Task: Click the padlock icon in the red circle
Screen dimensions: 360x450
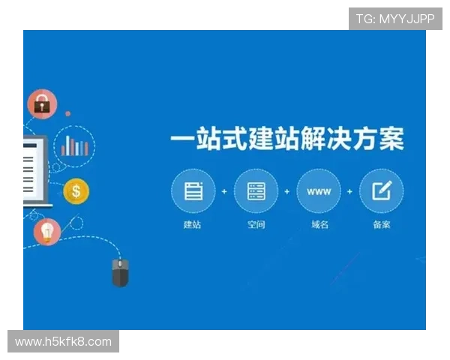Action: (43, 104)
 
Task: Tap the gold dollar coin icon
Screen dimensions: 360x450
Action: (76, 192)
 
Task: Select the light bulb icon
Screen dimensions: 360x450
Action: (48, 232)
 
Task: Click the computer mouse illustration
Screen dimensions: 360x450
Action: (120, 271)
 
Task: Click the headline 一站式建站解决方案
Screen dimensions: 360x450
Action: (286, 139)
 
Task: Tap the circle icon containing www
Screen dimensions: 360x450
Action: (319, 191)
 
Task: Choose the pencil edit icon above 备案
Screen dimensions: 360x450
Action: (382, 191)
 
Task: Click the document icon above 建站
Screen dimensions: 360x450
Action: (193, 191)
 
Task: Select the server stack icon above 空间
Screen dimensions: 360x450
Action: (256, 191)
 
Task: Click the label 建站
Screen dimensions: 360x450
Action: (193, 224)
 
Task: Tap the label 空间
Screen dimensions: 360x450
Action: (256, 224)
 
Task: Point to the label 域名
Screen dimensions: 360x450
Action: (319, 224)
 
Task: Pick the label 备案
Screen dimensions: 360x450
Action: (382, 224)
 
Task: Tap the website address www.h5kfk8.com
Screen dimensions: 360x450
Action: (63, 342)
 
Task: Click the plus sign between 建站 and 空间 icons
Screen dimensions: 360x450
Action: (224, 191)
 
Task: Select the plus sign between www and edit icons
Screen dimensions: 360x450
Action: (350, 191)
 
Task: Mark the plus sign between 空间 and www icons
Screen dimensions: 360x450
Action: (287, 191)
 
